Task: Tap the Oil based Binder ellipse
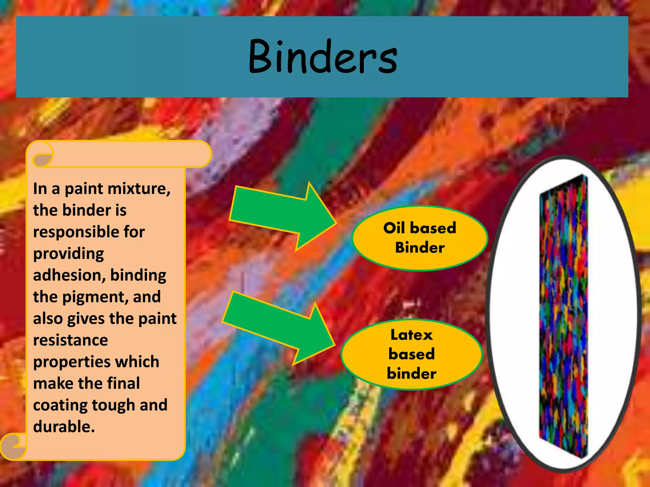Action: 420,238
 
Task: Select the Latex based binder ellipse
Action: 412,354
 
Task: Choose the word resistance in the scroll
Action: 70,340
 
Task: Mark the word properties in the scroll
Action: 67,362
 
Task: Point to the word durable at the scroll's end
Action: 64,427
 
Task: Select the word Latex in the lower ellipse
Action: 412,335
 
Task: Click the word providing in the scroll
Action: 69,254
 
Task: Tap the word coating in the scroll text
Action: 60,405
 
